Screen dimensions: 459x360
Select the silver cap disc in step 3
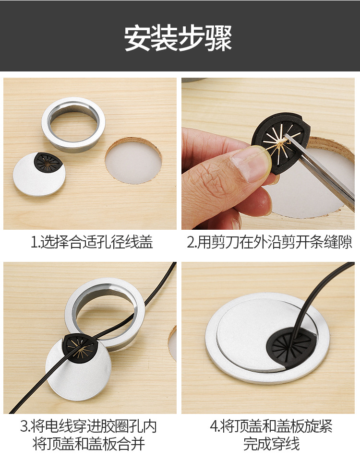point(77,379)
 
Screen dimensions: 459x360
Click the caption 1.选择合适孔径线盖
point(92,242)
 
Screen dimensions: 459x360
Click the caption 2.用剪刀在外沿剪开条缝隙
point(269,242)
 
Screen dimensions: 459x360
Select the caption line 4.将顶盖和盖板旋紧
point(271,426)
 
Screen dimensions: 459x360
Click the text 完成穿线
point(271,444)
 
